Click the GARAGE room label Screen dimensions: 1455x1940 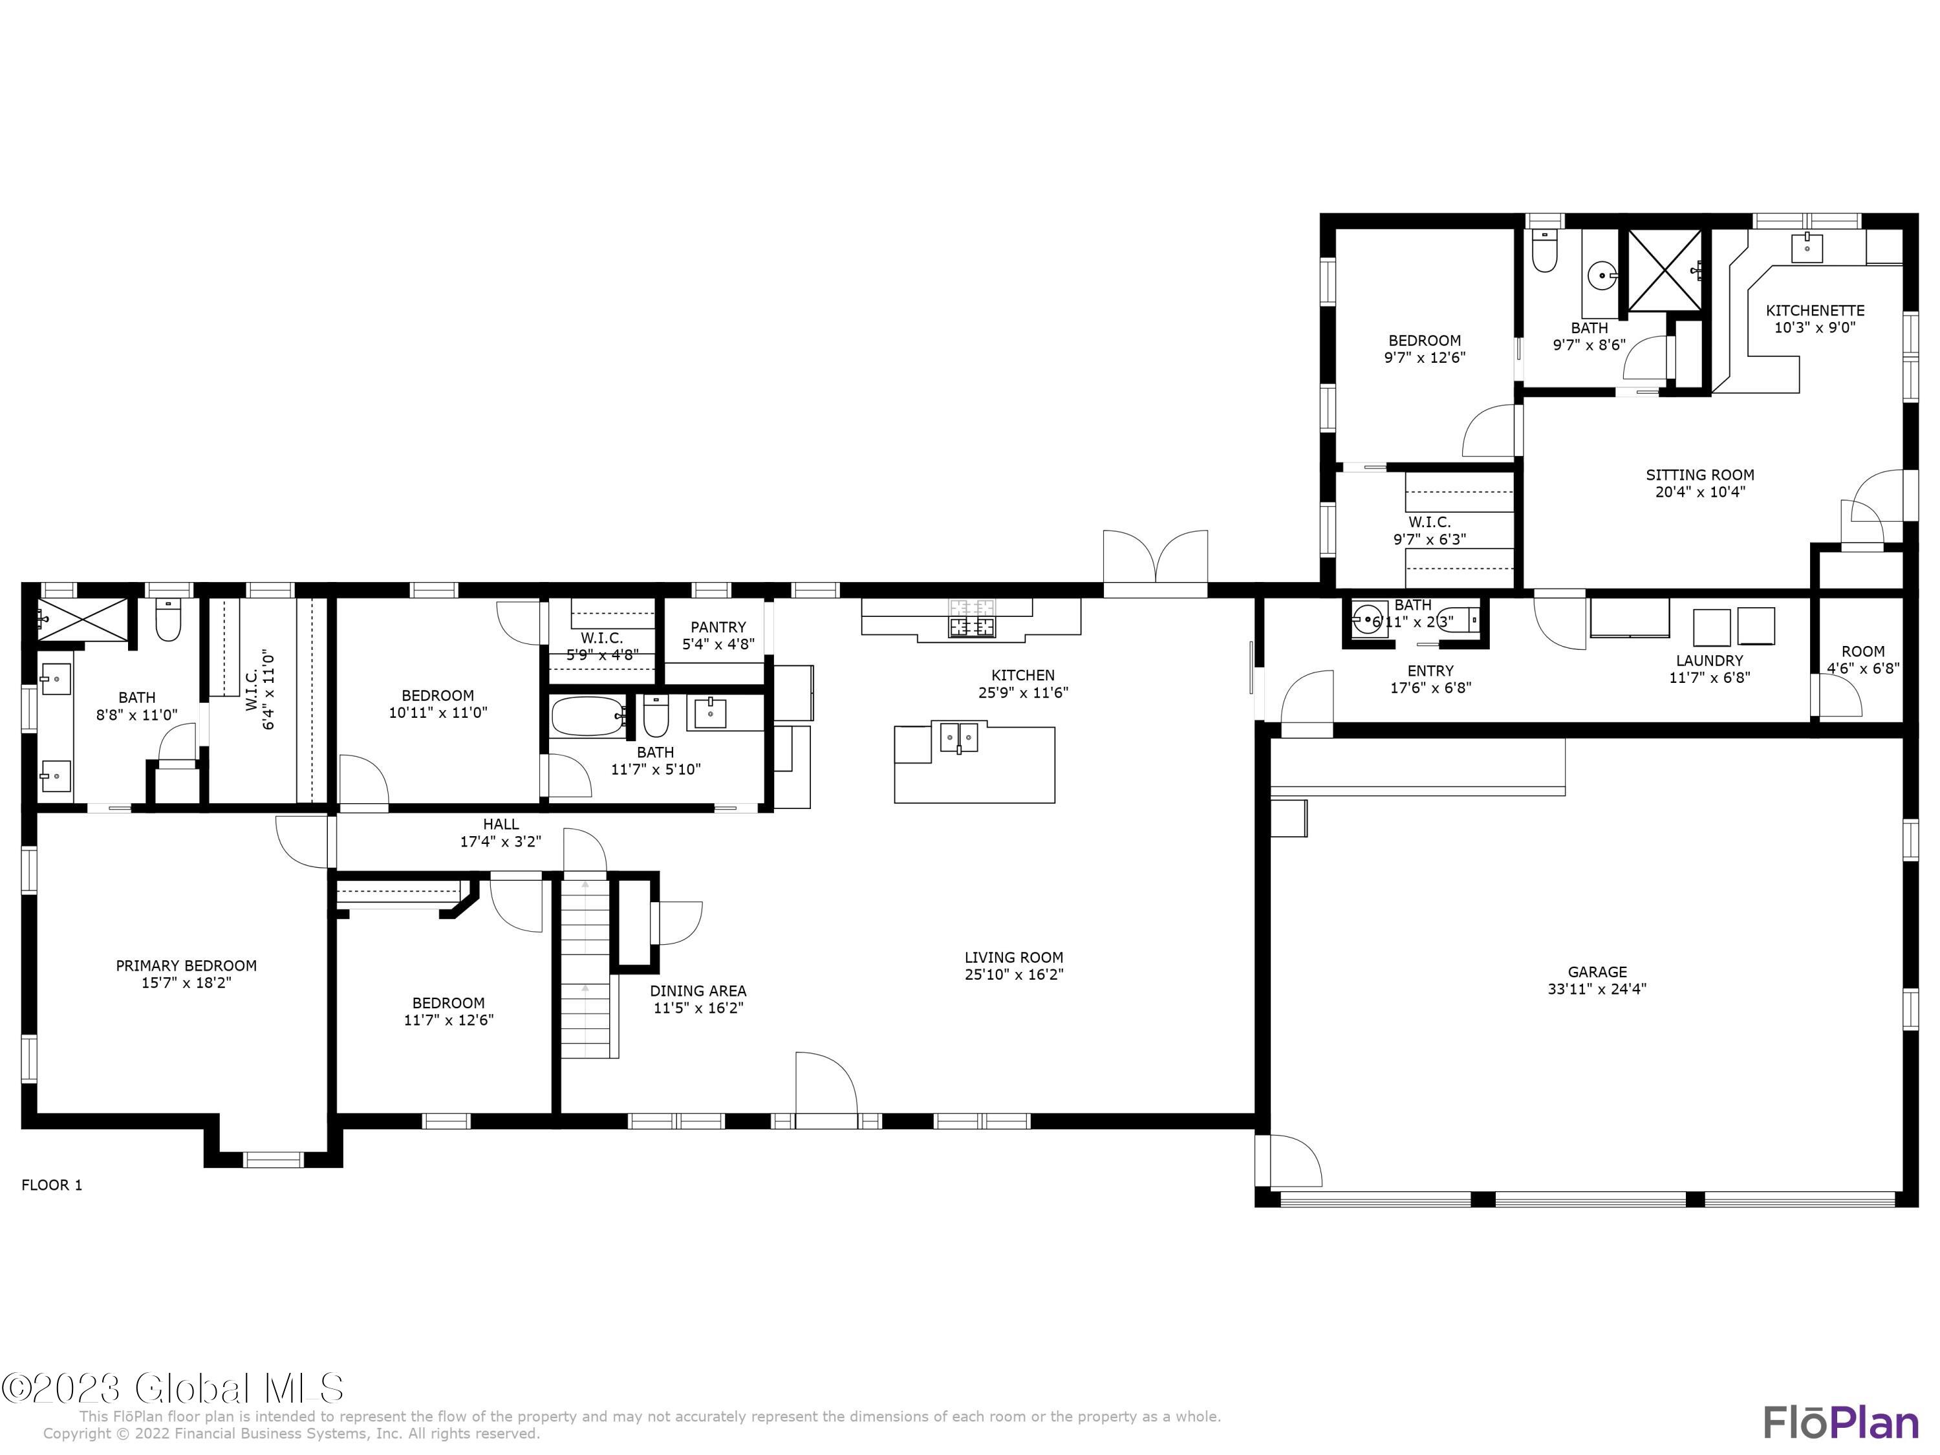(x=1597, y=972)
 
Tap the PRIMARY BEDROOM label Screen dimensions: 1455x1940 (x=186, y=965)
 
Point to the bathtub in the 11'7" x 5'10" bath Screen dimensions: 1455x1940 (x=588, y=717)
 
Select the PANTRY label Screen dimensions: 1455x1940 (x=717, y=627)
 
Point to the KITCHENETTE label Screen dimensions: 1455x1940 (x=1815, y=310)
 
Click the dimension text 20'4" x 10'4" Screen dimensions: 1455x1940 (x=1699, y=492)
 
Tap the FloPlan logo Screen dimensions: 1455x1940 (x=1840, y=1421)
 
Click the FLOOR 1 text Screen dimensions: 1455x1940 (x=52, y=1185)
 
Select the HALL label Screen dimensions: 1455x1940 (x=501, y=824)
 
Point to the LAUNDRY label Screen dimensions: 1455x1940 (x=1708, y=660)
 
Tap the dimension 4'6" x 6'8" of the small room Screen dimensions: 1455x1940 (x=1863, y=668)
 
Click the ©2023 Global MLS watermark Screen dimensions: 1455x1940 (x=173, y=1388)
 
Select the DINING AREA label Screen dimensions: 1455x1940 (x=698, y=991)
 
